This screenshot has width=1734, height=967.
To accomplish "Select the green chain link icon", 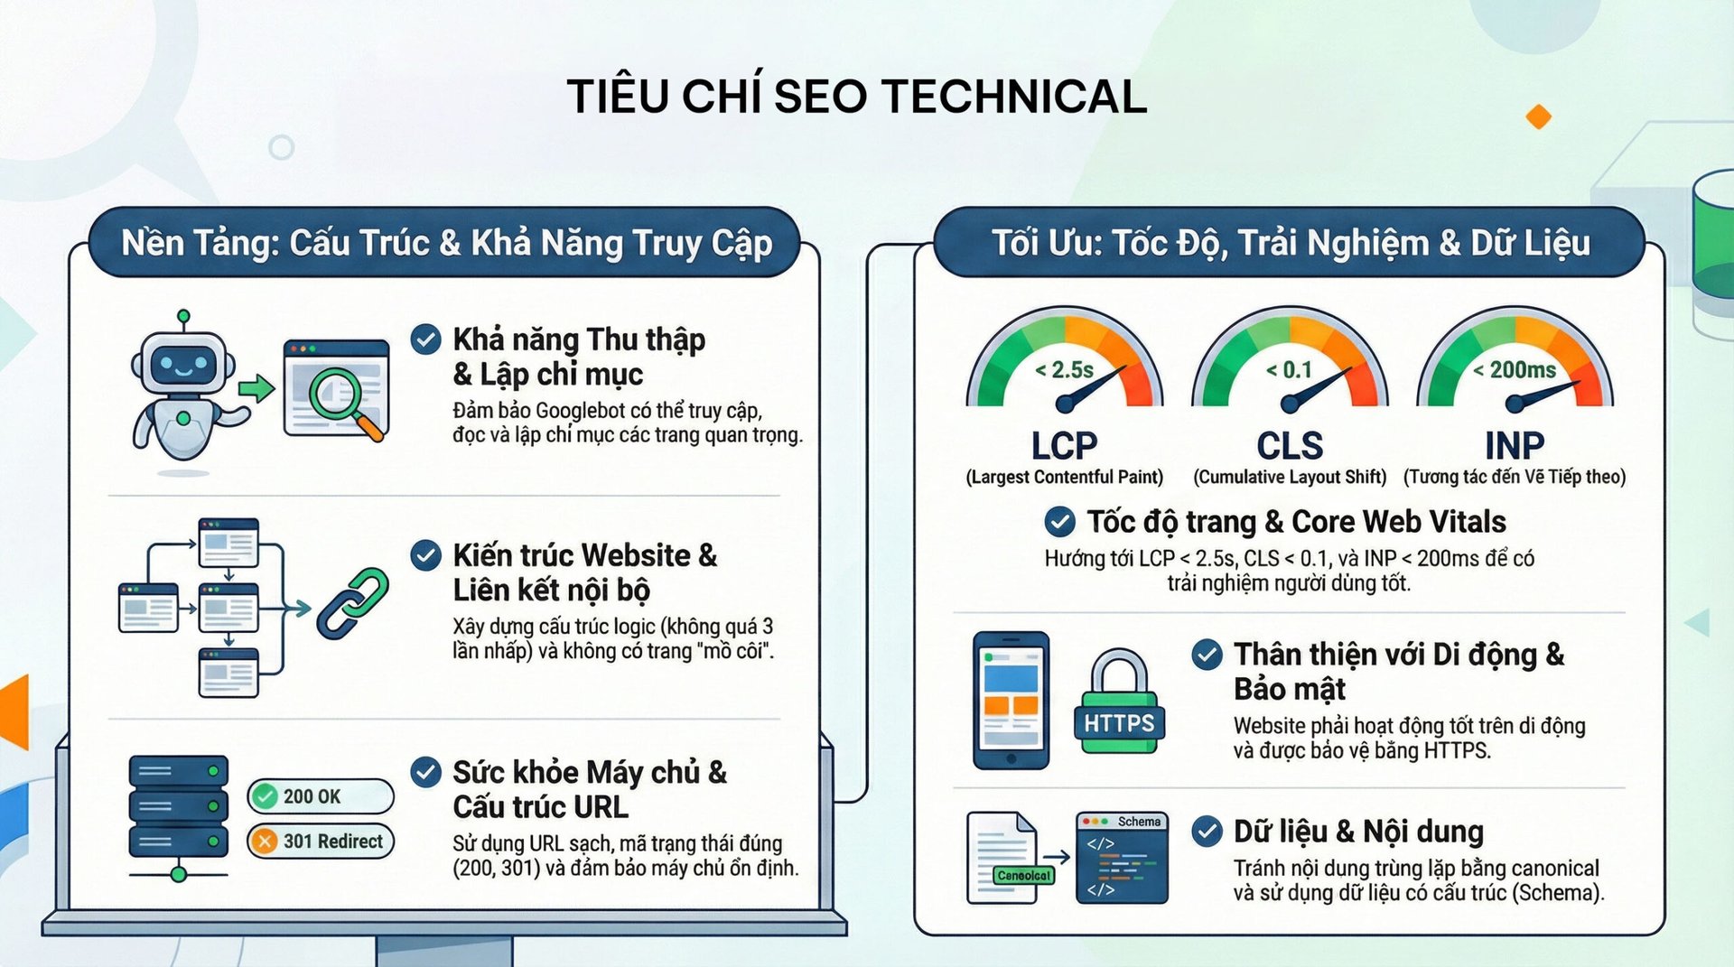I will tap(353, 602).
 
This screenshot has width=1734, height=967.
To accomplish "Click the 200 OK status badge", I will tap(320, 796).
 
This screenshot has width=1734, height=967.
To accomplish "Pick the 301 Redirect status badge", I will tap(321, 841).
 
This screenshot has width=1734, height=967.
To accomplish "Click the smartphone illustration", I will tap(1011, 700).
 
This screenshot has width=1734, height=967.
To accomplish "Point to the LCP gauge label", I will tap(1064, 446).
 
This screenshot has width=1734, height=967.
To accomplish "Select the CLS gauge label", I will tap(1290, 446).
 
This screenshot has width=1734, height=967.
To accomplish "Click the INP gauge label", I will tap(1515, 446).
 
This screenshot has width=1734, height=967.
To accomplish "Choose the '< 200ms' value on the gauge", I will tap(1515, 370).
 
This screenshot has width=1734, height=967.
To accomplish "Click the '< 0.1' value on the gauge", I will tap(1289, 370).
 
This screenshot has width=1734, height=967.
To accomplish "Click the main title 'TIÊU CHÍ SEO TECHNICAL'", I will tap(856, 97).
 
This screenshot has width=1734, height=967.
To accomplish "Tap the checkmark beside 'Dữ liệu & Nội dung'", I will tap(1207, 831).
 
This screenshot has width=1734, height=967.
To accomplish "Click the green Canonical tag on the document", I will tap(1023, 875).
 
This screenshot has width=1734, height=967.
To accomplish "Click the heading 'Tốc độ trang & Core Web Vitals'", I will tap(1296, 522).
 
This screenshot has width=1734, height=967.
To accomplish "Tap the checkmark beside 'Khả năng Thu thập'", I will tap(425, 339).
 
